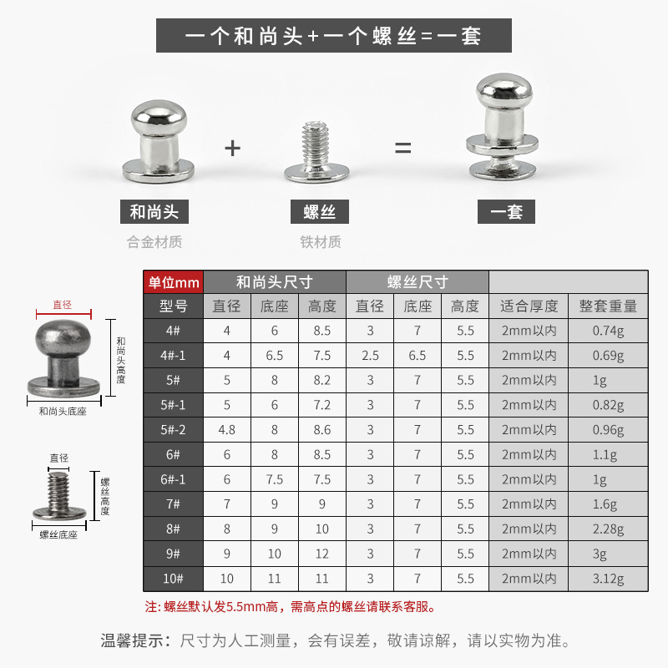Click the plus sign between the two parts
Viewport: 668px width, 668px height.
coord(232,149)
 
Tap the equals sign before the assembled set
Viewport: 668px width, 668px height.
coord(403,149)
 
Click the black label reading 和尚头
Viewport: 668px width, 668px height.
coord(154,211)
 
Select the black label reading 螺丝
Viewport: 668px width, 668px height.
coord(321,211)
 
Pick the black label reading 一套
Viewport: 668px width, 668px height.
coord(507,211)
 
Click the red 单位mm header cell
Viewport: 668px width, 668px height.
coord(174,281)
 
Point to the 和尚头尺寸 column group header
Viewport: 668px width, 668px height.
coord(274,281)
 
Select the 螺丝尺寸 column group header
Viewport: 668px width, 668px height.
coord(417,281)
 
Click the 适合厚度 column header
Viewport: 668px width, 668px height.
coord(529,306)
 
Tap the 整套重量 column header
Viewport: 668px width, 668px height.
coord(608,306)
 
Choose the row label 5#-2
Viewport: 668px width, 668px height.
coord(174,430)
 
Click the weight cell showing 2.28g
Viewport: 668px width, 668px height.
coord(608,529)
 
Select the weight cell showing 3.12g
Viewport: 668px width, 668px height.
coord(608,579)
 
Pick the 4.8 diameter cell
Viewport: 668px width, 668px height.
coord(226,430)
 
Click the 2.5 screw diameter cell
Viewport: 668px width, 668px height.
coord(370,356)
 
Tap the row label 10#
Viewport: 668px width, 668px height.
coord(174,579)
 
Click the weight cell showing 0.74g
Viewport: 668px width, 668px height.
coord(608,331)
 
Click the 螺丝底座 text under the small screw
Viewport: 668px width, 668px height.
coord(58,534)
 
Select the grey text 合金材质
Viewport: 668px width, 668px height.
coord(154,243)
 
